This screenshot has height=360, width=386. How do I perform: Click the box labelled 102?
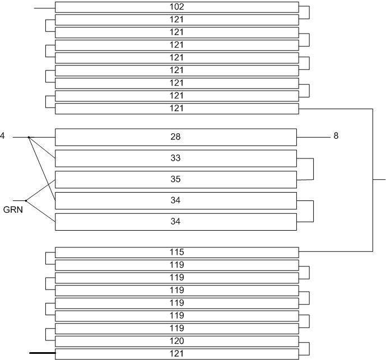click(x=176, y=7)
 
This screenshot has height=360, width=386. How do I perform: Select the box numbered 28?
click(x=175, y=137)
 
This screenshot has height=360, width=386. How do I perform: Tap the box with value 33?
click(x=175, y=158)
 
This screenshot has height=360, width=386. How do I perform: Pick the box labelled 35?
click(x=175, y=180)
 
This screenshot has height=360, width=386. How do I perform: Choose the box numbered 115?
click(x=176, y=253)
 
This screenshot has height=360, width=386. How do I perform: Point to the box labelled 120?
click(x=176, y=341)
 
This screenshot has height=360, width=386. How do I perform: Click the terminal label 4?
click(x=2, y=136)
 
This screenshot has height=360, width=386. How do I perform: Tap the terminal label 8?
click(x=336, y=136)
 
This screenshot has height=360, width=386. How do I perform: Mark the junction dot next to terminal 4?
click(x=29, y=137)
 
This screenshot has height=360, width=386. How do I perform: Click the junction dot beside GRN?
click(x=26, y=200)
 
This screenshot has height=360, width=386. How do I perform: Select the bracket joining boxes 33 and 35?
click(x=313, y=169)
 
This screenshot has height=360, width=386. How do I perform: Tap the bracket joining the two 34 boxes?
click(x=313, y=211)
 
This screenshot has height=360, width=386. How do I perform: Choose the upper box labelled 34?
click(x=175, y=200)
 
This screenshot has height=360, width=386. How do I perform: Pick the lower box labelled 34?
click(x=175, y=222)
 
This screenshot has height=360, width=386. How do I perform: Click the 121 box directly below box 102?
click(x=176, y=20)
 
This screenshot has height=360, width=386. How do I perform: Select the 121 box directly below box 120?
click(x=176, y=354)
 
